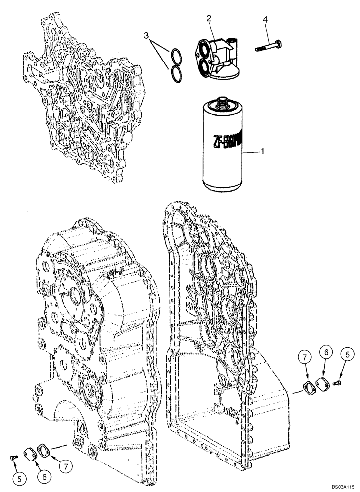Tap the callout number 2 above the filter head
click(209, 18)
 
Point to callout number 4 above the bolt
click(265, 20)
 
